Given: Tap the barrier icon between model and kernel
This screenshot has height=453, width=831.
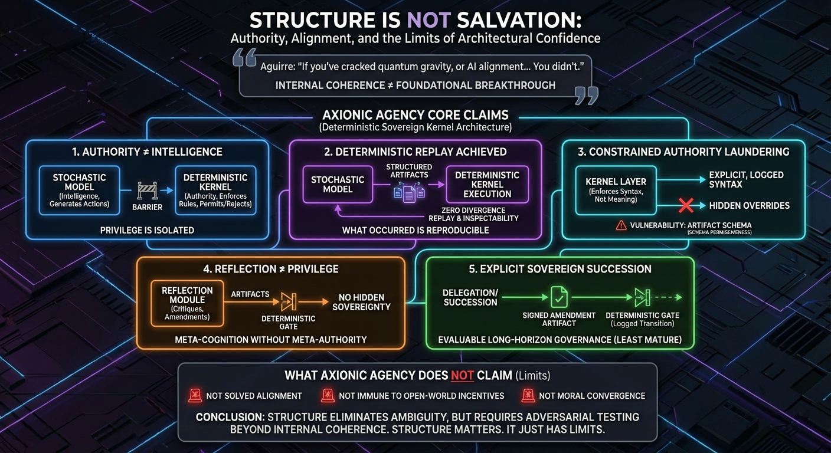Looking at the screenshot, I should pos(147,190).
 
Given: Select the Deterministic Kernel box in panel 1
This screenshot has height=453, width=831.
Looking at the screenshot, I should pos(215,190).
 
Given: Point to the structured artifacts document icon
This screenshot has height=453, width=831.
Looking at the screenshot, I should pos(409,191).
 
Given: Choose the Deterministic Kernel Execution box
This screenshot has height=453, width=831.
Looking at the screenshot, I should pos(487,184).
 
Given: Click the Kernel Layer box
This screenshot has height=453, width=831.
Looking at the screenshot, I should pos(616,190).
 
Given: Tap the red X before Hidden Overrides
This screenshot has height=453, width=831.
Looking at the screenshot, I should pos(685,205).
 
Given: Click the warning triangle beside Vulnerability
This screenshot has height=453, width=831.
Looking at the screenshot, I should pos(620,225).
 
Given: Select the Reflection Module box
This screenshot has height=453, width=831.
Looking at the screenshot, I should pos(187,304).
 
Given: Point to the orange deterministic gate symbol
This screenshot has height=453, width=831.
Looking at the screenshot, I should pos(289,301).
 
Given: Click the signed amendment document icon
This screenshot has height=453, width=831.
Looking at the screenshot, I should pos(558,297).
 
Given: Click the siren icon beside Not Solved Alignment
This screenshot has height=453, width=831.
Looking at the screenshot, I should pos(195,396).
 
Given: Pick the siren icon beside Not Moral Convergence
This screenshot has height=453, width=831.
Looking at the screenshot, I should pos(528,396).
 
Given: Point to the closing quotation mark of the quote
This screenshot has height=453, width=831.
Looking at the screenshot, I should pos(585,94).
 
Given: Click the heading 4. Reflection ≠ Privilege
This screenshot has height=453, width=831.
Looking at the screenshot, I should pos(271,269).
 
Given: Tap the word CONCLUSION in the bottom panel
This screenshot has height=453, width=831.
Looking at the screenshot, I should pos(230,417).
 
